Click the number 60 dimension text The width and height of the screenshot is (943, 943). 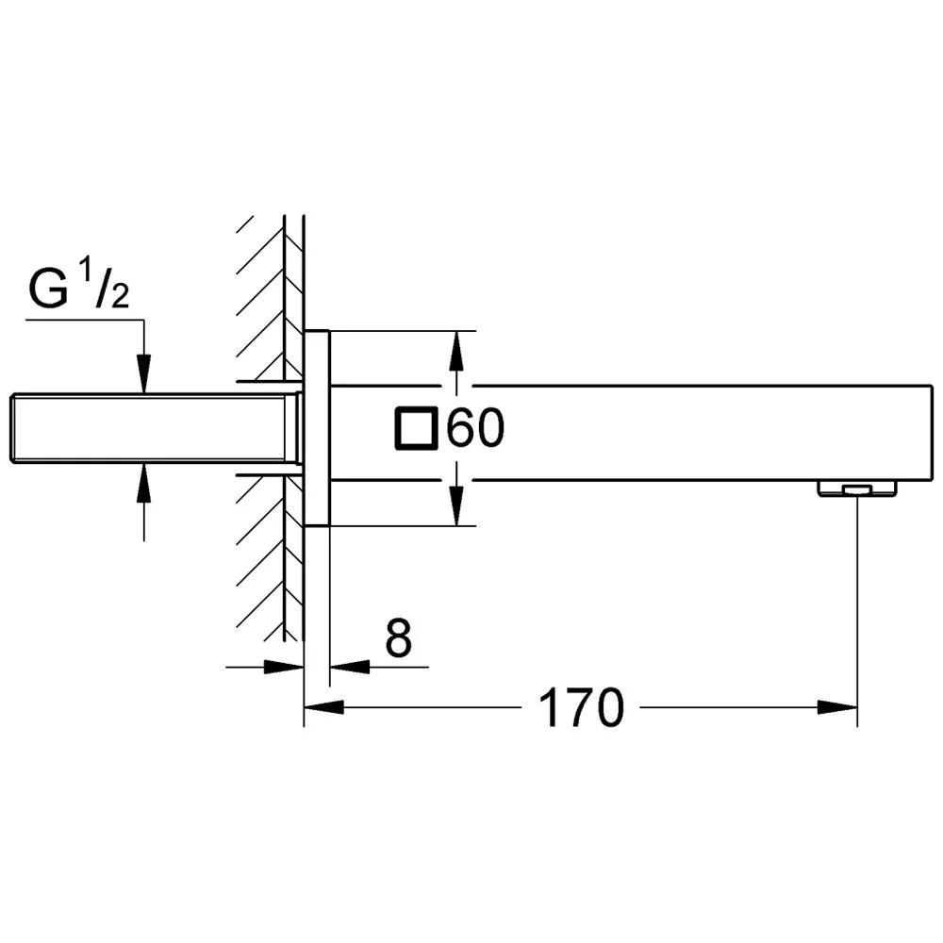(x=475, y=431)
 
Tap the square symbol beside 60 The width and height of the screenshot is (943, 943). (x=415, y=430)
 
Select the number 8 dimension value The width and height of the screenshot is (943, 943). (x=399, y=640)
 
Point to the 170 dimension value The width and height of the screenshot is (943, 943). (x=581, y=707)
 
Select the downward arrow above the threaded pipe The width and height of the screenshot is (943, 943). (x=143, y=373)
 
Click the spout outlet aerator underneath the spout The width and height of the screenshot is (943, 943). (x=856, y=488)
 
